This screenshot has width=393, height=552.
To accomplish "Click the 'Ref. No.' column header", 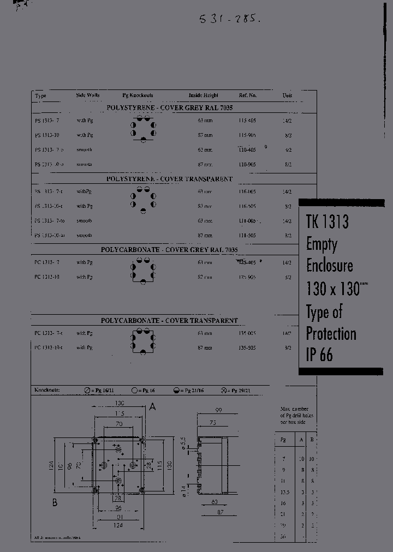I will click(247, 95).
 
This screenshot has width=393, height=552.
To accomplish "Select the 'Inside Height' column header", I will click(204, 95).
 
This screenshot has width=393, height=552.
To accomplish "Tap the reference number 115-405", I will click(247, 121).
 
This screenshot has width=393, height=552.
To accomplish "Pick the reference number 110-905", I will click(247, 164).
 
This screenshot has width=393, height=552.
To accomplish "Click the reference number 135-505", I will click(247, 347).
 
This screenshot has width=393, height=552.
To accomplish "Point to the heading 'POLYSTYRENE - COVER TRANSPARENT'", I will click(169, 179).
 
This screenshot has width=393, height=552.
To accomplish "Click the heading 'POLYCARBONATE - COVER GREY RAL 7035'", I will click(169, 250).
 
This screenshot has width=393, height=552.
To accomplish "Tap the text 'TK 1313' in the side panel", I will click(327, 221).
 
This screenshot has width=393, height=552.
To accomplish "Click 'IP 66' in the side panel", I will click(319, 356).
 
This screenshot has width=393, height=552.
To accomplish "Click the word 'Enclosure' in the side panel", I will click(329, 266).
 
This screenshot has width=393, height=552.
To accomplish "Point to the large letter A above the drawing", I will click(153, 406).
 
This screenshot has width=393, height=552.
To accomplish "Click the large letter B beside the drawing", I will click(55, 502).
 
